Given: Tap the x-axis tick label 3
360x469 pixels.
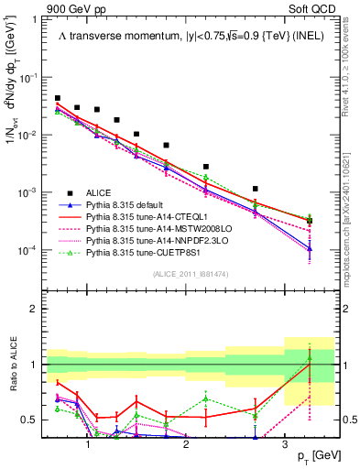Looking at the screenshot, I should pyautogui.click(x=285, y=446).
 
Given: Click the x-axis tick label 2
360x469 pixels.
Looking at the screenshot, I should pyautogui.click(x=186, y=446).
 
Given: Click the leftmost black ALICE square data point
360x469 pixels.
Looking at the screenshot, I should pyautogui.click(x=58, y=98).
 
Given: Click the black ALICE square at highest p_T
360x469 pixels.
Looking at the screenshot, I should pyautogui.click(x=310, y=221).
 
